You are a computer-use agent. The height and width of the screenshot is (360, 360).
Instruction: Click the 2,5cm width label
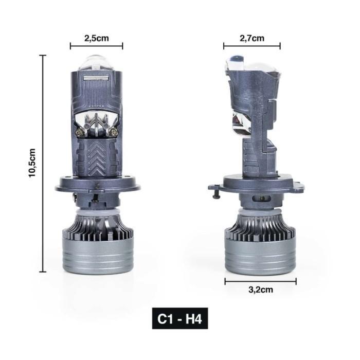(x=96, y=38)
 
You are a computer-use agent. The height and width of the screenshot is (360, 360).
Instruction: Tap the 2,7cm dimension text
(x=251, y=38)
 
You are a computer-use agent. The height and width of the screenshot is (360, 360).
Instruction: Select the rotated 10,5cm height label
(x=32, y=163)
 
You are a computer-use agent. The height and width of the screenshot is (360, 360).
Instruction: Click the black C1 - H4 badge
(x=180, y=318)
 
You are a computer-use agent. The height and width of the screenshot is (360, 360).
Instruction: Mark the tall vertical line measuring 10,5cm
(x=43, y=163)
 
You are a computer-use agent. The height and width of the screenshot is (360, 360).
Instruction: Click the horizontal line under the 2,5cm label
(x=96, y=46)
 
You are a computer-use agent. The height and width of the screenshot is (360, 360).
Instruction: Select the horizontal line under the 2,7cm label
(x=251, y=46)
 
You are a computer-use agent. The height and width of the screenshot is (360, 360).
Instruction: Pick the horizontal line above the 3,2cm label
(x=260, y=281)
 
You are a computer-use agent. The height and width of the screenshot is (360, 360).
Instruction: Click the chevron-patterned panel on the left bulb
(x=96, y=157)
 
